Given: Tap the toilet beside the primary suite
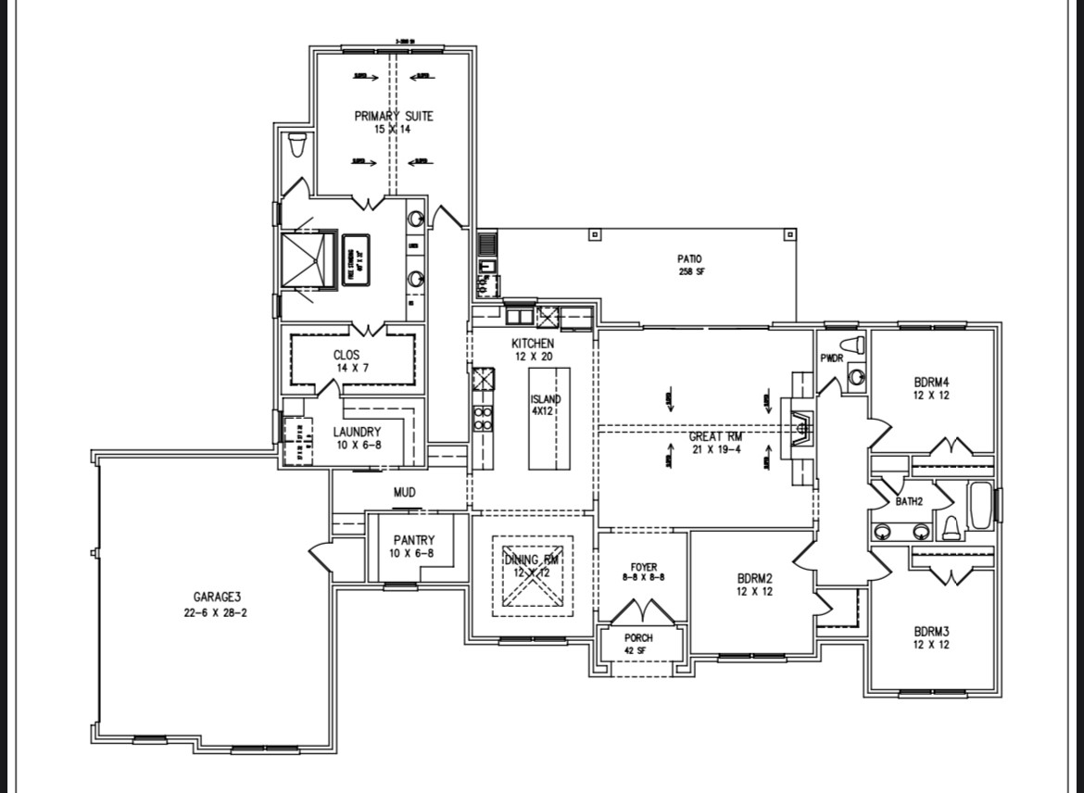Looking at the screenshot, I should pyautogui.click(x=297, y=146).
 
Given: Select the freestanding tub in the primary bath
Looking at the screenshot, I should pyautogui.click(x=355, y=261).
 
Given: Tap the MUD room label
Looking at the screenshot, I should pyautogui.click(x=404, y=492).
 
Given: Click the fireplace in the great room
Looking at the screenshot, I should pyautogui.click(x=799, y=425).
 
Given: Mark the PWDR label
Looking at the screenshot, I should pyautogui.click(x=831, y=358).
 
